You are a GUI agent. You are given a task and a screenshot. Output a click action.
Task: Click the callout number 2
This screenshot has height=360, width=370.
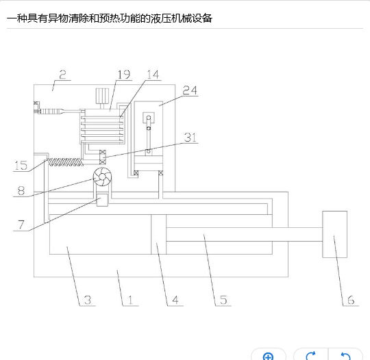(x=62, y=75)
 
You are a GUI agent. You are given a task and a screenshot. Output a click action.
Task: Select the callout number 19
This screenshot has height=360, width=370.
(x=124, y=75)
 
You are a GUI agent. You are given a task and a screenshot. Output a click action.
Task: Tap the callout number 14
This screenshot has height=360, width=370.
(x=153, y=75)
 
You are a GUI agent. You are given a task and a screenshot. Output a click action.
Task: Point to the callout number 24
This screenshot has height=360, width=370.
(x=190, y=90)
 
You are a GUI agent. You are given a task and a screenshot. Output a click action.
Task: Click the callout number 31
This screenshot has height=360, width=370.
(x=190, y=138)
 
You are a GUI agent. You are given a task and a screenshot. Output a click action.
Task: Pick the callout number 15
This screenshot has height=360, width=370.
(x=21, y=166)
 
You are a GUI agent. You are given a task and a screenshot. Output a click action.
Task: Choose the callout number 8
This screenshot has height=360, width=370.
(x=21, y=191)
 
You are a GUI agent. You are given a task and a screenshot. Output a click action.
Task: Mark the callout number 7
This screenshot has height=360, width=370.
(x=21, y=224)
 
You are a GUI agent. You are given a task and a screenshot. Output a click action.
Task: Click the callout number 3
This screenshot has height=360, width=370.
(x=88, y=300)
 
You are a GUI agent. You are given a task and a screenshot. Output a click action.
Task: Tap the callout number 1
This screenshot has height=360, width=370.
(x=130, y=300)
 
